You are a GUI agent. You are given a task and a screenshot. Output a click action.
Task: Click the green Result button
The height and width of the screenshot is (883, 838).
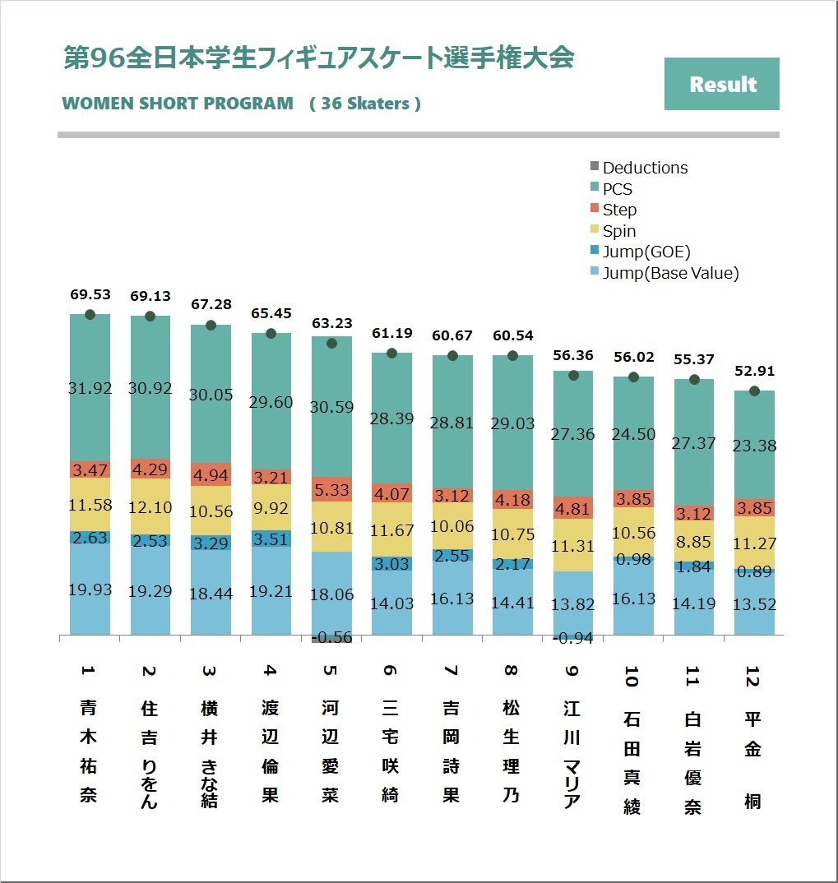721,84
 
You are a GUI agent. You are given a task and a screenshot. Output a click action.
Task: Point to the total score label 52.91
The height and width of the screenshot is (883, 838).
754,372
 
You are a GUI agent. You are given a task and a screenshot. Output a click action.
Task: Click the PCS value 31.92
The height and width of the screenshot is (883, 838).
90,388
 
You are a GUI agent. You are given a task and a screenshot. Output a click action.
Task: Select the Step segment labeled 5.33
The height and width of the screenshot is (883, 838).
331,489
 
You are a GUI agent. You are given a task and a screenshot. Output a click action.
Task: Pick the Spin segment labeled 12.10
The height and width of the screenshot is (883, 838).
150,507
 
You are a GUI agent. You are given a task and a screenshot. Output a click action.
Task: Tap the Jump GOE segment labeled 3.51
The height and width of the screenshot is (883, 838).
271,539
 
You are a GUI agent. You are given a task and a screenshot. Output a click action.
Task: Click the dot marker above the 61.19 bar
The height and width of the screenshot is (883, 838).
392,354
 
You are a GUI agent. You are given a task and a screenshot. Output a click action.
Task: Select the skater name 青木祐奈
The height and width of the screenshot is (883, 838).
89,751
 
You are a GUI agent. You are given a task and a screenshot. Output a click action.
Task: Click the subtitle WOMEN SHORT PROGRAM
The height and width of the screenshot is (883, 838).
178,104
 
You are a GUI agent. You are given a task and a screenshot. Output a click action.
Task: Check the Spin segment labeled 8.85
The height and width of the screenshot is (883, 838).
694,542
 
